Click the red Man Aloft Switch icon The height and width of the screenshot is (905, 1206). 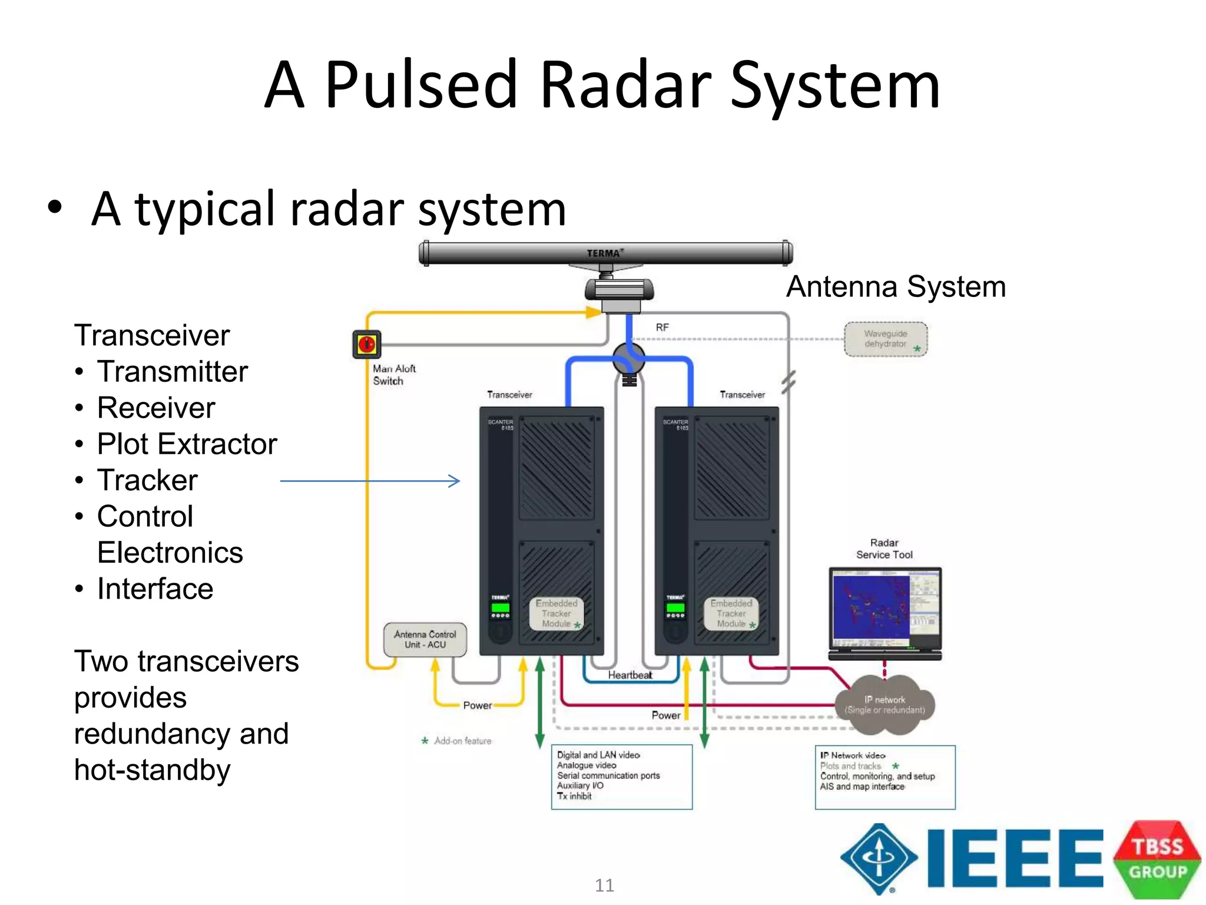pos(366,344)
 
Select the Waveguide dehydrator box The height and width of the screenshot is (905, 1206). pos(886,339)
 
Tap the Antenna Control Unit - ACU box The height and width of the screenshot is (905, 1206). pos(425,640)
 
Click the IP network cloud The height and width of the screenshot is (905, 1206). pos(884,705)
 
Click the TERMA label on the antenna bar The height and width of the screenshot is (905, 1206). pos(604,253)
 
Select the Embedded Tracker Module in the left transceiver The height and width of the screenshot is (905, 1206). pos(556,613)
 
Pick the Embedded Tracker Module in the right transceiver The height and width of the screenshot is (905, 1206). pos(731,613)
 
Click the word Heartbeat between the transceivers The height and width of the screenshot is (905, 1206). pos(629,675)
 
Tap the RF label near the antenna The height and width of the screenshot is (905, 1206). pos(662,328)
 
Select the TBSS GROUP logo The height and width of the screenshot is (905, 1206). pos(1157,859)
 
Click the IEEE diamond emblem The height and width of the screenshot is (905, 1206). pos(879,858)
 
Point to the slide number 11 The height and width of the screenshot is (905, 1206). pos(604,885)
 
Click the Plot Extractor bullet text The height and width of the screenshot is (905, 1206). pos(187,444)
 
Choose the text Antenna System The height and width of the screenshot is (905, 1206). pos(896,287)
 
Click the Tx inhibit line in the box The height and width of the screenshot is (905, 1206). pos(574,796)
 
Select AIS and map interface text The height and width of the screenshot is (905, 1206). pos(862,787)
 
